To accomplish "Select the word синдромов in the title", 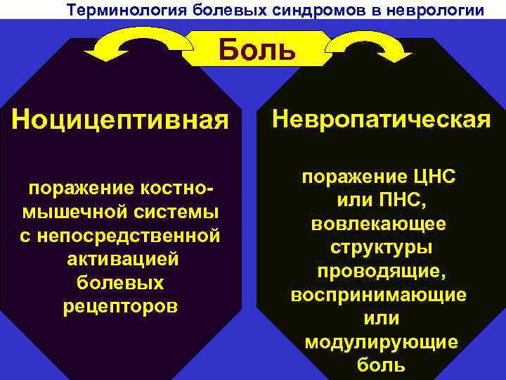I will coord(319,11).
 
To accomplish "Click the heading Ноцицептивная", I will coord(120,120).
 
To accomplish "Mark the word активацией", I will coord(120,259).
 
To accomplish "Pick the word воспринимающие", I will coord(380,295).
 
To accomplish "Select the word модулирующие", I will coord(381,342).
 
